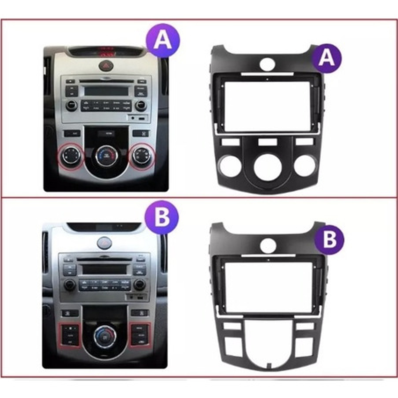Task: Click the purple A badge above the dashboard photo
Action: [162, 40]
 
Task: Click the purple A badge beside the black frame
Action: [326, 57]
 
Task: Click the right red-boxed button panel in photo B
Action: [140, 334]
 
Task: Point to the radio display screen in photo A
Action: [106, 91]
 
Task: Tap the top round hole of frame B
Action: [268, 245]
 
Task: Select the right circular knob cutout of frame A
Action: [305, 166]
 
